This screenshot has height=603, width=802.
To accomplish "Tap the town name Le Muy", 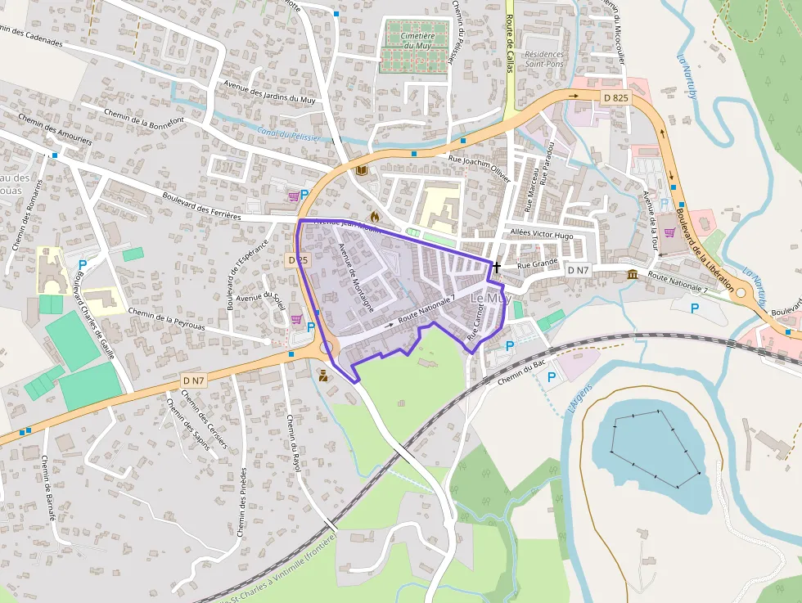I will [x=491, y=299].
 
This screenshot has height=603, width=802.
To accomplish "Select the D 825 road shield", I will [x=615, y=98].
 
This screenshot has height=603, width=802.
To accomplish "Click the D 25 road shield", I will [x=298, y=259].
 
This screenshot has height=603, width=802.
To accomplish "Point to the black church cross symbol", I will [x=496, y=267].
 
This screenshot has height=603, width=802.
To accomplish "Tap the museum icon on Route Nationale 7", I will [x=633, y=274].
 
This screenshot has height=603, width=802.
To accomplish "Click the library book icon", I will [x=362, y=171].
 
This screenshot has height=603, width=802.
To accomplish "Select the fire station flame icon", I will [x=375, y=217].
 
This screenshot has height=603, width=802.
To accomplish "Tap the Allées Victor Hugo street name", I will [x=541, y=234].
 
